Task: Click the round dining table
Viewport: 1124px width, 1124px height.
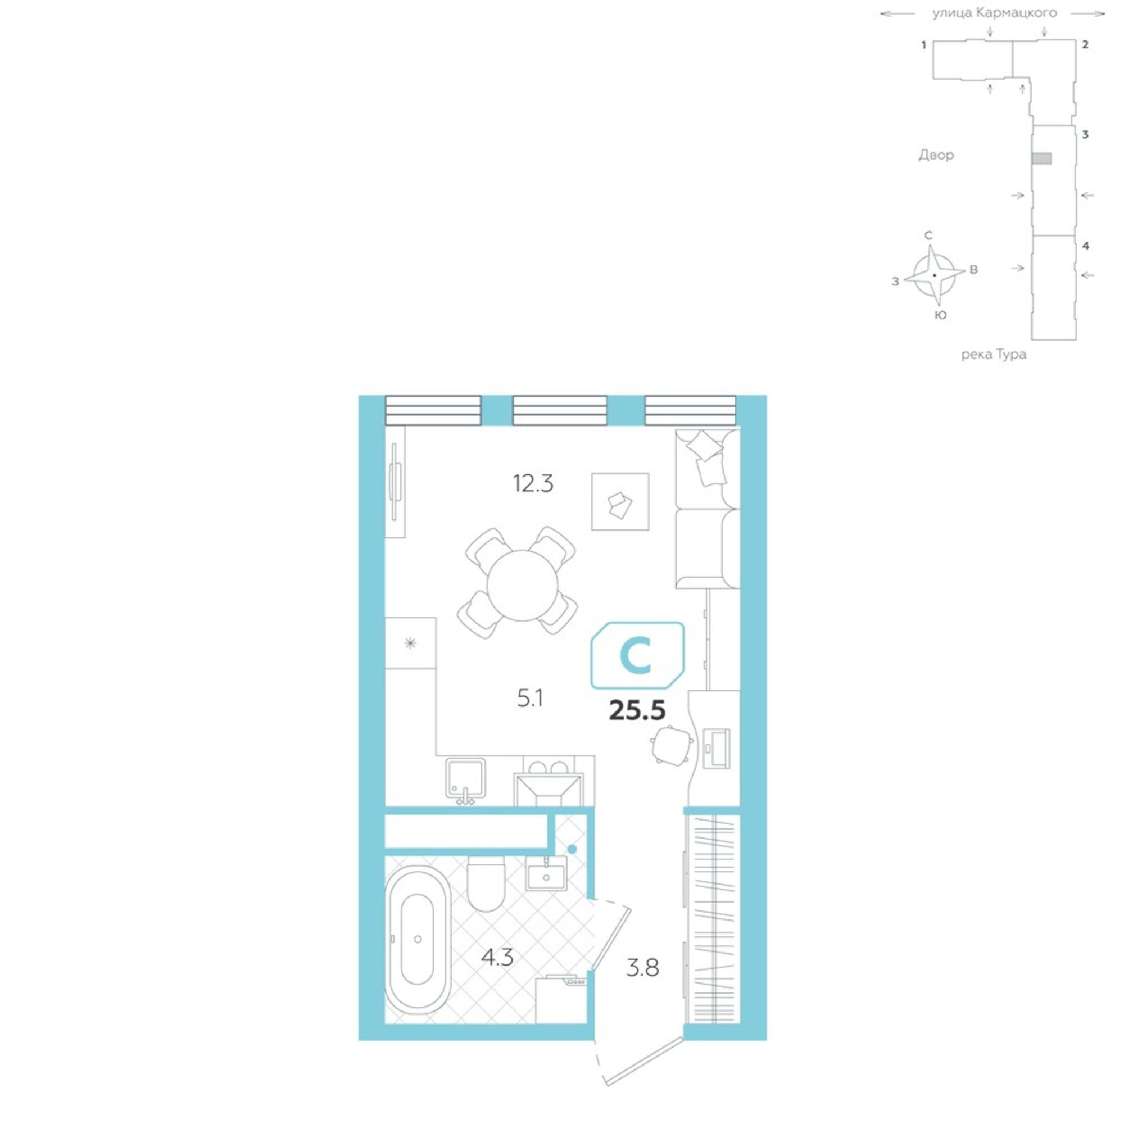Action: pos(522,585)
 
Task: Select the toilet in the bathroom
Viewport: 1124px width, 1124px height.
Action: pos(486,883)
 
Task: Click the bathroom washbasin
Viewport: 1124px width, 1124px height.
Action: pos(546,873)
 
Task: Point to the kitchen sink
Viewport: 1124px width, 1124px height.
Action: pos(465,778)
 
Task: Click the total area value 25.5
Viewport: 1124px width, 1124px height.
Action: pos(637,710)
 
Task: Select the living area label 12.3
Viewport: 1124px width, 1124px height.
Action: pos(533,483)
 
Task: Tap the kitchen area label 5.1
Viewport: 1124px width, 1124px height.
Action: pos(530,698)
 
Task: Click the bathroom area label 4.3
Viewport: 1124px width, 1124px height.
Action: pos(497,957)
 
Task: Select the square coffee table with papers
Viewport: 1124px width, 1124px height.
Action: pos(620,501)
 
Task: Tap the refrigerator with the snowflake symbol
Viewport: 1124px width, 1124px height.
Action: pos(411,643)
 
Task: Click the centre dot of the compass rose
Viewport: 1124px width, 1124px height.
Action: pos(935,275)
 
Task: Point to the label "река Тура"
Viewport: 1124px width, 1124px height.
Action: pos(994,353)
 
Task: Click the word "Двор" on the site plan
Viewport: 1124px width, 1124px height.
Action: pos(936,155)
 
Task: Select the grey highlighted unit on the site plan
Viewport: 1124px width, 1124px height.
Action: pos(1041,158)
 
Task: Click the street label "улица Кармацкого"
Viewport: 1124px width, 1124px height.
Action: pos(994,13)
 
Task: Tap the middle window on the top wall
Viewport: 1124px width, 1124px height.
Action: pos(560,410)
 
